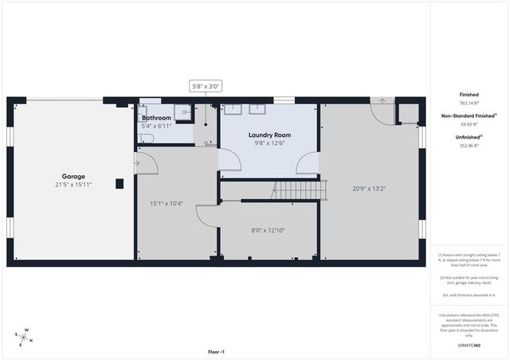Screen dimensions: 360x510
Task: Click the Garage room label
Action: tap(73, 176)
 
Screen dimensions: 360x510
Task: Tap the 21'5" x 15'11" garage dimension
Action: tap(73, 185)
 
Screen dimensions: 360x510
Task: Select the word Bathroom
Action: tap(156, 118)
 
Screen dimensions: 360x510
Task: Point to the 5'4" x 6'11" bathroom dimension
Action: tap(156, 126)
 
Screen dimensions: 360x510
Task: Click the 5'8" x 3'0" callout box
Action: tap(205, 86)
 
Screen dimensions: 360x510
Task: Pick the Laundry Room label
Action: tap(269, 135)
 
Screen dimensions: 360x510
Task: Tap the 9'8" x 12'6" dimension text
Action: tap(269, 143)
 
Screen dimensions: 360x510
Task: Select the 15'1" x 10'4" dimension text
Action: tap(167, 203)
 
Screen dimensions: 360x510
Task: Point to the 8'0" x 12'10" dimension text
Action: tap(268, 230)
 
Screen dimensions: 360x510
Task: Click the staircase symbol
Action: tap(301, 190)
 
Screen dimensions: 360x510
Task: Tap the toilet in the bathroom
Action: tap(146, 138)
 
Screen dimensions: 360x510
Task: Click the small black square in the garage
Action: tap(120, 184)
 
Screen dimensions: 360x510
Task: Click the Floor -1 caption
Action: tap(216, 351)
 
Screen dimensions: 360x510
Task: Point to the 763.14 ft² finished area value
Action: tap(469, 103)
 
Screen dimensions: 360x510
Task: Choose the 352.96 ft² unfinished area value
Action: tap(469, 146)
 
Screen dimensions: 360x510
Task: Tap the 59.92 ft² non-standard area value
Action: tap(469, 124)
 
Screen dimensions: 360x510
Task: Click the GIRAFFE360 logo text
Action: tap(469, 345)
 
